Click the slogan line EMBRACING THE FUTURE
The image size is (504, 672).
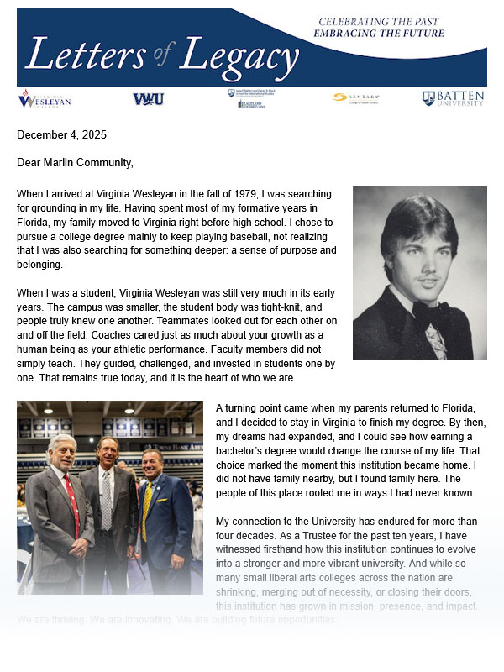coord(379,34)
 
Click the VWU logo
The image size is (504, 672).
coord(148,99)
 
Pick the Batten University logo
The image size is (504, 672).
coord(453,98)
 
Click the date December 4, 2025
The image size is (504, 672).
coord(61,134)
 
